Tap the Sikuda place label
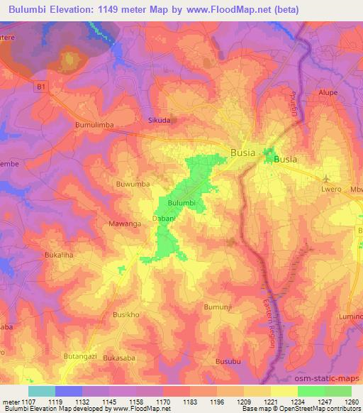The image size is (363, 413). click(159, 121)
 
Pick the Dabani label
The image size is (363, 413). click(164, 220)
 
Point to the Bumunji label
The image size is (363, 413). click(217, 306)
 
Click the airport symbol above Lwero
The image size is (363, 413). click(326, 178)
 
